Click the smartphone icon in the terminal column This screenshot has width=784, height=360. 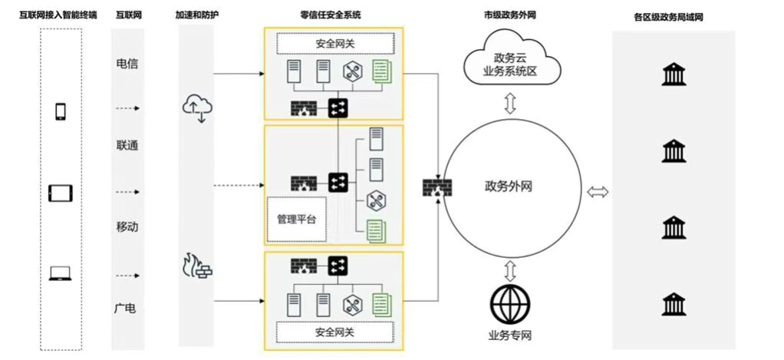coord(61,111)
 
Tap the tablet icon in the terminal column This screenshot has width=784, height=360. coord(61,193)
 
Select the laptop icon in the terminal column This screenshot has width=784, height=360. coord(61,273)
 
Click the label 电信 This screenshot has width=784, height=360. coord(127,64)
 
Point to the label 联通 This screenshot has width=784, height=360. coord(127,145)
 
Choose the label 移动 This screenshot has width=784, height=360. coord(127,227)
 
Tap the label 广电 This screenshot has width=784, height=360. coord(127,309)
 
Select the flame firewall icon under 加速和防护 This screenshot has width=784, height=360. coord(196,266)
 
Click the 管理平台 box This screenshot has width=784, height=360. coord(296,219)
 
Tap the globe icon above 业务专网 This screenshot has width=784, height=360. coord(510,305)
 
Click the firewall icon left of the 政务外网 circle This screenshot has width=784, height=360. coord(437,188)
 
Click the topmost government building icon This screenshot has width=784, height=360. coord(674,74)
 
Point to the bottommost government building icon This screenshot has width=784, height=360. coord(674,305)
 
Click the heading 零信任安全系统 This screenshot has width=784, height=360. coord(331,15)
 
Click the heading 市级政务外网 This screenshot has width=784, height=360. coord(510,15)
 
